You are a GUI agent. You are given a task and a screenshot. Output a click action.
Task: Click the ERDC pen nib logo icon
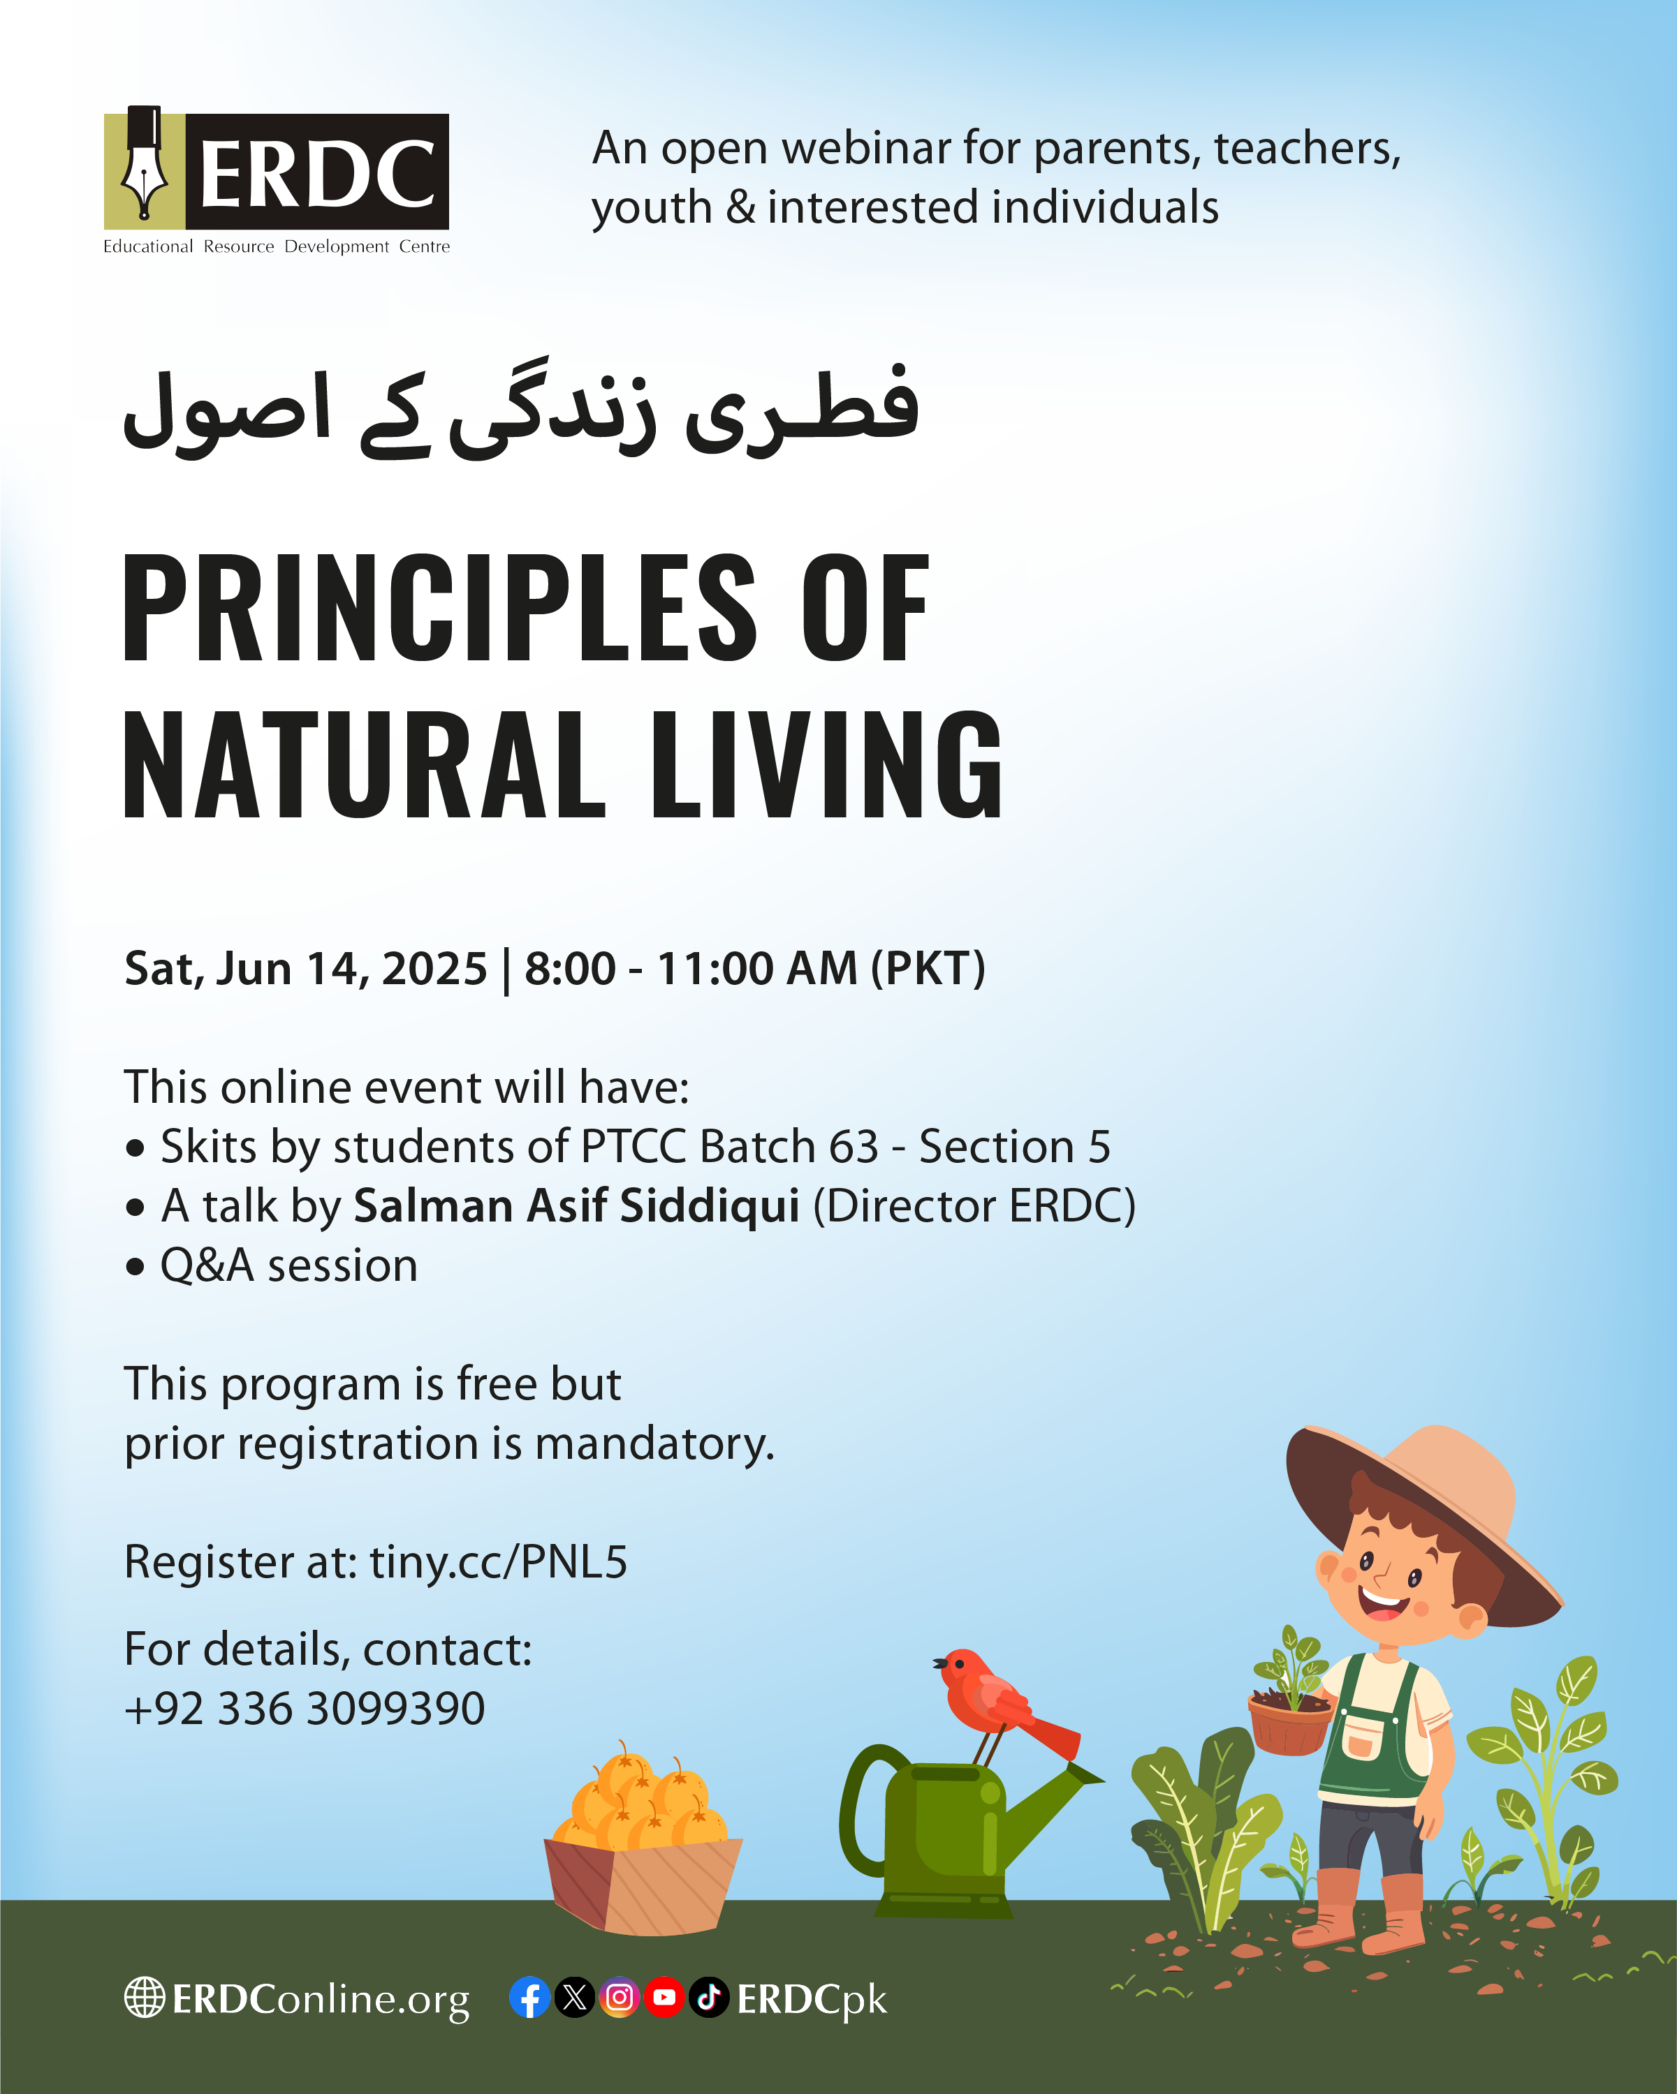(x=145, y=163)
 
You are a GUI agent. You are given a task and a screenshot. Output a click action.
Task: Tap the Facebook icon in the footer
(x=529, y=1998)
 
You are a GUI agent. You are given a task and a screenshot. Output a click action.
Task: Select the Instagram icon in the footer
(x=619, y=1998)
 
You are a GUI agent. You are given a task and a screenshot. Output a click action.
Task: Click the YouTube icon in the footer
(x=664, y=1998)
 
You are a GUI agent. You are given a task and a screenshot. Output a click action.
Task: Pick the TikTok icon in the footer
(x=708, y=1998)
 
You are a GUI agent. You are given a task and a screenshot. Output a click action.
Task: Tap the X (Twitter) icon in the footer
(x=574, y=1998)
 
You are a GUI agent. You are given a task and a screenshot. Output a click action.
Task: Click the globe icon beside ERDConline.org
(x=144, y=1997)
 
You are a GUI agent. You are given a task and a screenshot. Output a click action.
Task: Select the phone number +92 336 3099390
(x=304, y=1709)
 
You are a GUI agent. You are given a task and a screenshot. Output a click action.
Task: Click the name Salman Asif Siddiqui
(x=576, y=1205)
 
